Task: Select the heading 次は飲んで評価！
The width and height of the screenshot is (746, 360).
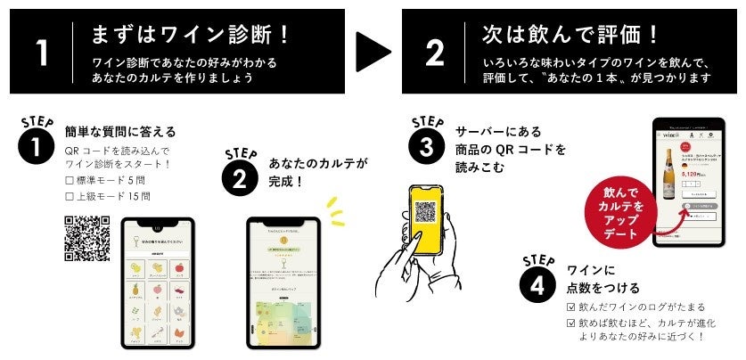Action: click(571, 35)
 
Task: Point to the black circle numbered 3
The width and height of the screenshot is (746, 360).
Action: click(427, 146)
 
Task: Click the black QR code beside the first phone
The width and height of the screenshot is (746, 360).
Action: click(87, 239)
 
